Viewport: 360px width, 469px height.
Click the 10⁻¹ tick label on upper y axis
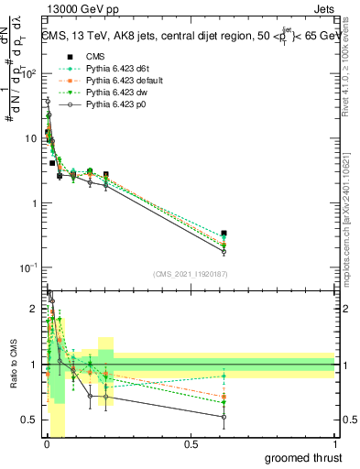tap(30, 267)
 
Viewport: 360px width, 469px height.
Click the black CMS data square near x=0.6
tap(224, 234)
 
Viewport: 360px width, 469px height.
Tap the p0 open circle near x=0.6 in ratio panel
tap(224, 417)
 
